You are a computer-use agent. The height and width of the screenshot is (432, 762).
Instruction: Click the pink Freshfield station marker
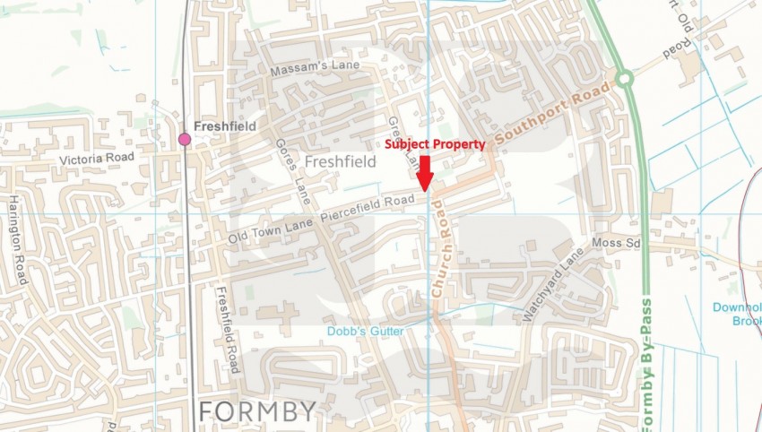pyautogui.click(x=185, y=139)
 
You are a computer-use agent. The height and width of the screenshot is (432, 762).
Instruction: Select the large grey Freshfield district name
pyautogui.click(x=340, y=162)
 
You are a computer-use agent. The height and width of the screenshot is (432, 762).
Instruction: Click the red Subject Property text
pyautogui.click(x=435, y=143)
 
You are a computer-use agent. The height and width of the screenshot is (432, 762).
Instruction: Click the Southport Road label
pyautogui.click(x=552, y=114)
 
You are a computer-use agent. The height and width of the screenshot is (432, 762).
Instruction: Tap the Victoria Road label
pyautogui.click(x=96, y=158)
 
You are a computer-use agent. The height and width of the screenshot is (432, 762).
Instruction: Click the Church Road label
pyautogui.click(x=440, y=248)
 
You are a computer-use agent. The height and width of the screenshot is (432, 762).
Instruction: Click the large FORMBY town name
pyautogui.click(x=257, y=411)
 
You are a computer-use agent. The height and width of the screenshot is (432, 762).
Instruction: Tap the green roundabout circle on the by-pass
pyautogui.click(x=625, y=80)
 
